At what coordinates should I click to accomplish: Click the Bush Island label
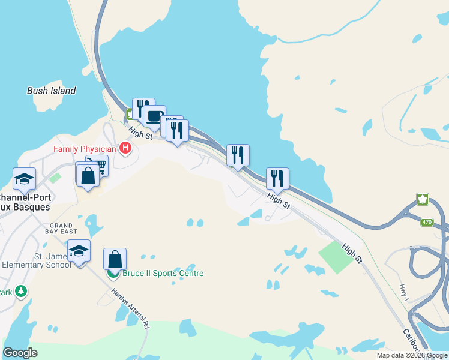point(52,91)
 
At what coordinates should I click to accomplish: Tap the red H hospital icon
point(126,148)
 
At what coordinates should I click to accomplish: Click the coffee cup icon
point(154,116)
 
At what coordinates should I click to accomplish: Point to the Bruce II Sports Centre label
point(163,274)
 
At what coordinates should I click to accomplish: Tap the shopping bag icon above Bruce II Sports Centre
point(115,259)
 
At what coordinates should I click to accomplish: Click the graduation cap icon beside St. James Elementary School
point(79,250)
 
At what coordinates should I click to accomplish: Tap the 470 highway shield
point(426,222)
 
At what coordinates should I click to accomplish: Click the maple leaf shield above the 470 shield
point(423,199)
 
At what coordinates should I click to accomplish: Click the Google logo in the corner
point(20,353)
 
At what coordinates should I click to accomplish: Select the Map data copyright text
point(411,355)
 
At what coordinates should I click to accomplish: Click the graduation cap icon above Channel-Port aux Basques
point(25,178)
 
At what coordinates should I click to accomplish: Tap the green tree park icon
point(22,292)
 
